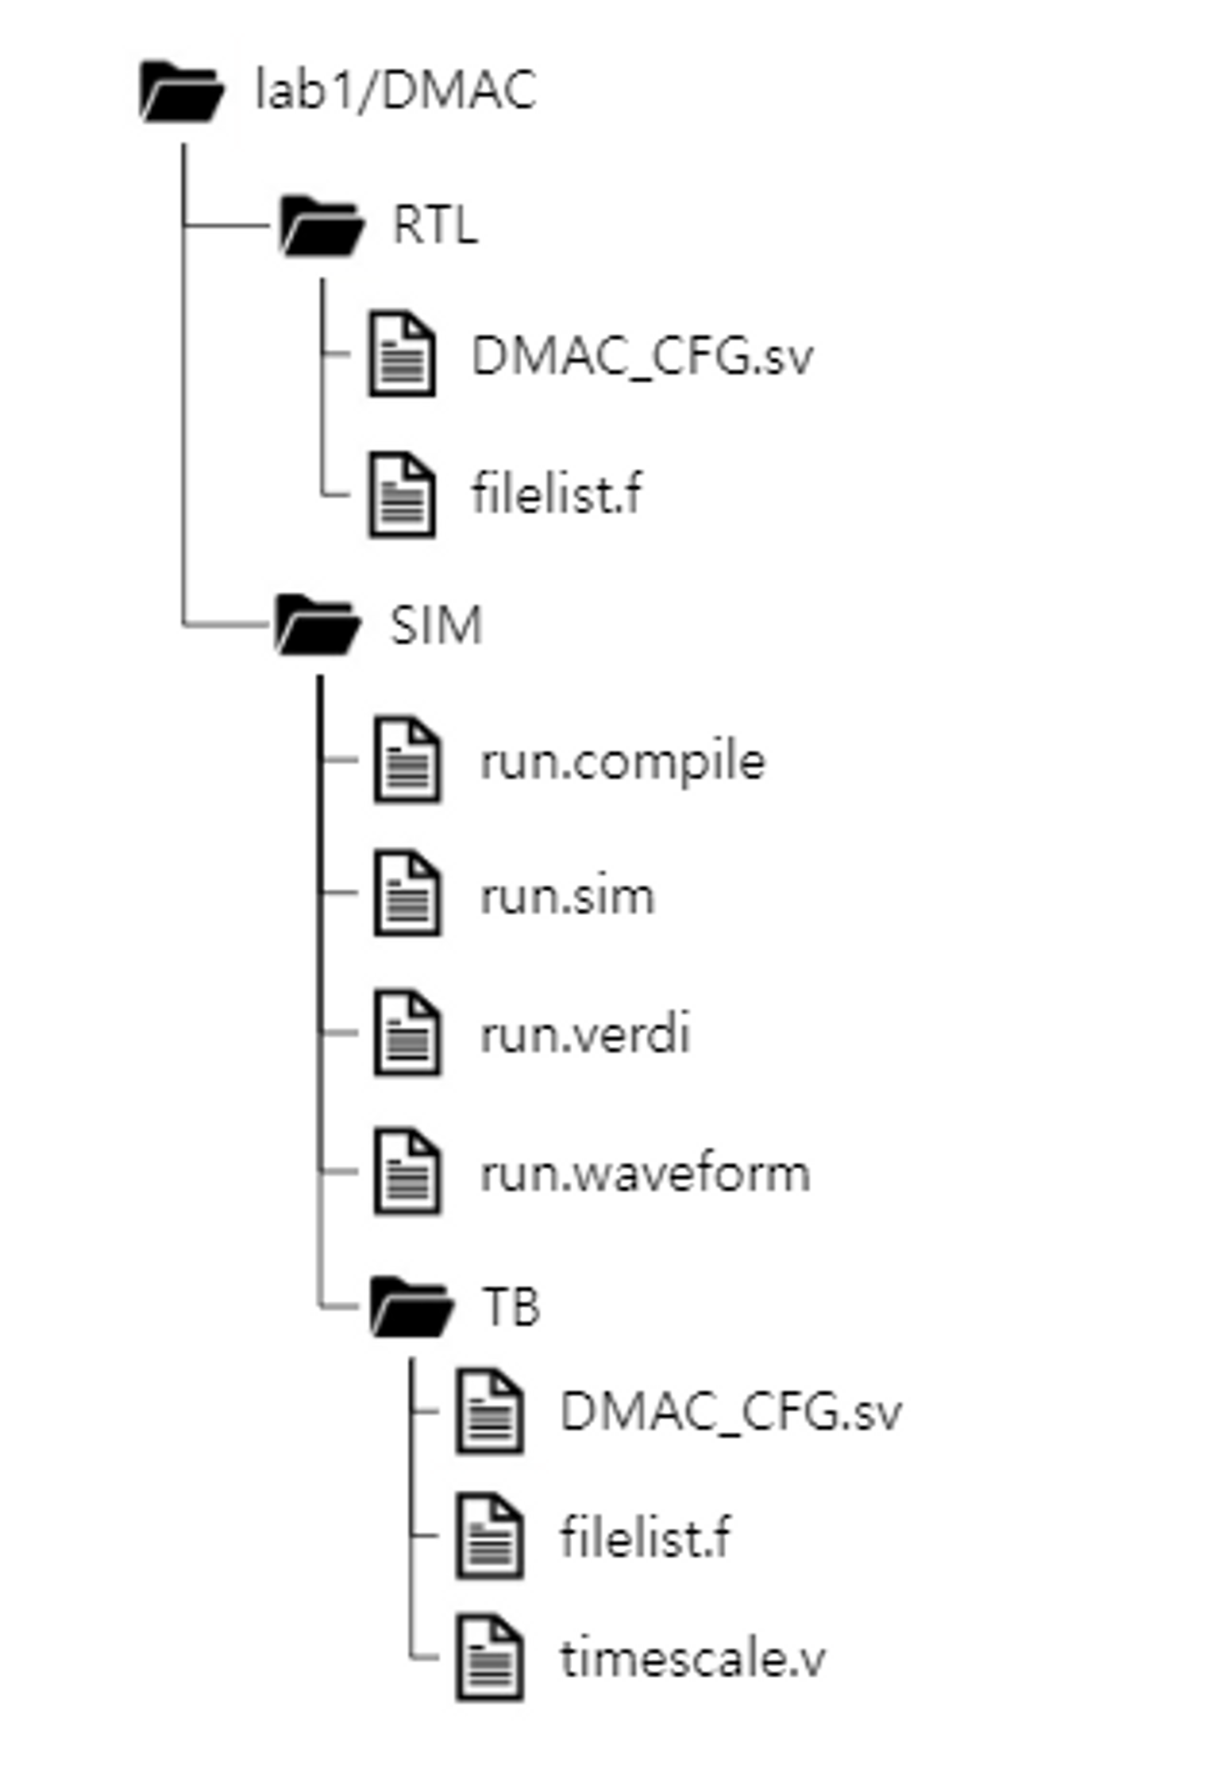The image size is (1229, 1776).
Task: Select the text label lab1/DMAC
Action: [x=395, y=90]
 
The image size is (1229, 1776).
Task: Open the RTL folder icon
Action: [x=321, y=226]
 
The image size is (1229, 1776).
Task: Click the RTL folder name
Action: [x=435, y=226]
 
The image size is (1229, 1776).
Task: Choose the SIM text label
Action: [x=436, y=624]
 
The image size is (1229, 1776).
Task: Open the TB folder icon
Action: [x=411, y=1306]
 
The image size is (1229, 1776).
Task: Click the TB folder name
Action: [x=511, y=1307]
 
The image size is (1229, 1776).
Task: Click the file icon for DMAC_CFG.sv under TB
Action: [x=490, y=1412]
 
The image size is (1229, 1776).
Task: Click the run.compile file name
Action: [x=622, y=761]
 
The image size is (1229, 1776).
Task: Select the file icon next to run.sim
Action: [x=407, y=894]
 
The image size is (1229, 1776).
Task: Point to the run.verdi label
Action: [x=585, y=1034]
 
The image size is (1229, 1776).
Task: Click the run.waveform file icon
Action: [x=407, y=1171]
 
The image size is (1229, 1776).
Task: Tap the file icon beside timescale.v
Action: [x=490, y=1657]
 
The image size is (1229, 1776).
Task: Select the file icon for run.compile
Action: [x=407, y=760]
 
